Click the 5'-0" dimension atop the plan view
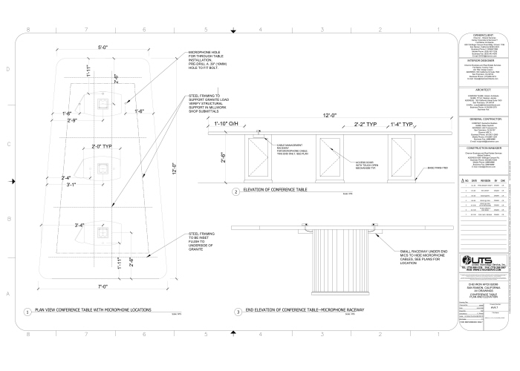pyautogui.click(x=103, y=47)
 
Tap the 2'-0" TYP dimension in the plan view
pyautogui.click(x=103, y=147)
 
